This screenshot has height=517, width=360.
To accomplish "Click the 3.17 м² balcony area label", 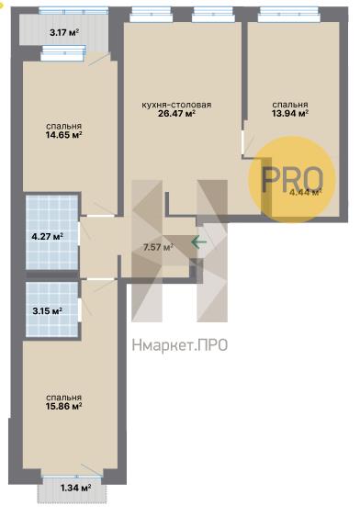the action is [x=64, y=32].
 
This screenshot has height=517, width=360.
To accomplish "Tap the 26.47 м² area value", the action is [x=176, y=114].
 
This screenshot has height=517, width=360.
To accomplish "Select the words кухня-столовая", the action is [x=176, y=105].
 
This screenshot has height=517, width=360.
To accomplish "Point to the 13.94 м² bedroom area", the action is [x=290, y=113].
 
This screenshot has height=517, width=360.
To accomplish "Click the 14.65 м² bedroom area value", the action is [x=63, y=134].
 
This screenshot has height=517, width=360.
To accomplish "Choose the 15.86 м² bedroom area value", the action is [x=64, y=406].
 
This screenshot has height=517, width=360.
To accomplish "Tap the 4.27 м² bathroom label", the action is [x=48, y=236].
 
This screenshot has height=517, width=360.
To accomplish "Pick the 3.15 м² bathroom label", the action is [x=47, y=310].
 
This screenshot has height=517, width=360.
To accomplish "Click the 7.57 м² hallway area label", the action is [x=159, y=247].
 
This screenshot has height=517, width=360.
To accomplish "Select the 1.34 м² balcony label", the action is [x=76, y=488].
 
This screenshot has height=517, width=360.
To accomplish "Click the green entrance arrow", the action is [x=198, y=242].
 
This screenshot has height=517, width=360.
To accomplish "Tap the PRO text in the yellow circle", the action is [x=292, y=179].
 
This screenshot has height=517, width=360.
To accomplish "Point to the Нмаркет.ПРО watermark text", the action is [x=180, y=345].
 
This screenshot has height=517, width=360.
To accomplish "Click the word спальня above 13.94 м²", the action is [x=290, y=105].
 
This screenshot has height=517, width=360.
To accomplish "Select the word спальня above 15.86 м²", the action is [x=64, y=398].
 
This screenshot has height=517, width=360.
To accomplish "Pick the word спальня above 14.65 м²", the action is [x=63, y=126].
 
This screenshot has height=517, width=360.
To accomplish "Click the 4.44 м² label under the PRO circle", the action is [x=305, y=192].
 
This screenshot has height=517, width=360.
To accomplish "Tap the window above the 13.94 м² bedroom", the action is [x=289, y=15].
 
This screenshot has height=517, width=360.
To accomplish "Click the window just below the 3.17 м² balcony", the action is [x=63, y=53].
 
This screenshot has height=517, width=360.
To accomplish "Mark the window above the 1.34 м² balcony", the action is [x=72, y=477].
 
